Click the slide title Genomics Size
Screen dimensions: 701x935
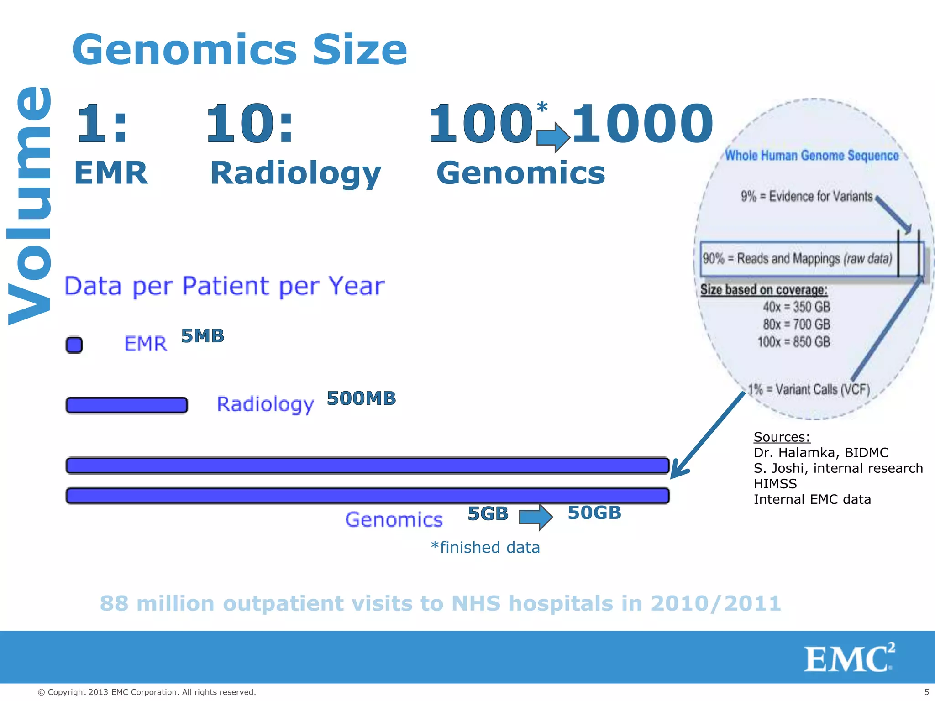click(239, 50)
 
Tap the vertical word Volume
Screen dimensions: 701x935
click(30, 205)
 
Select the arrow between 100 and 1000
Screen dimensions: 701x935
click(553, 137)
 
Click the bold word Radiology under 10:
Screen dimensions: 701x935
click(295, 173)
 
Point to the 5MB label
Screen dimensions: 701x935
click(203, 336)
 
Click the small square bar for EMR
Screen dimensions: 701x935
click(74, 345)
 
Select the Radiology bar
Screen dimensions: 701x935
click(127, 405)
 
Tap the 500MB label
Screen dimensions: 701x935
click(361, 398)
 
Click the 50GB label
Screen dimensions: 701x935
click(594, 513)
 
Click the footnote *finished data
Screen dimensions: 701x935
click(485, 547)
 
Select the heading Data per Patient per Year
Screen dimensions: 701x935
click(224, 287)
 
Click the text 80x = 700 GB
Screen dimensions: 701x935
click(796, 324)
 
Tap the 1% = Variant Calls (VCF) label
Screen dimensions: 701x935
click(809, 389)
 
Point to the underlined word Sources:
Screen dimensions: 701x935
click(782, 437)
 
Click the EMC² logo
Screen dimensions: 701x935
click(849, 658)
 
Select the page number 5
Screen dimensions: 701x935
click(926, 692)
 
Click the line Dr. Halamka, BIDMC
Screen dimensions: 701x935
click(820, 453)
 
